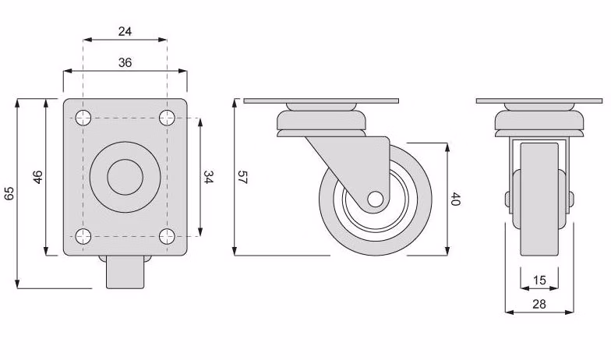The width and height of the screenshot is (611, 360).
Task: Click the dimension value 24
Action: tap(125, 31)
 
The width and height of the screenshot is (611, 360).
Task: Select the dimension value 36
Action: tap(125, 62)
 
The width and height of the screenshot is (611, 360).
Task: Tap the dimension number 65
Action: tap(9, 193)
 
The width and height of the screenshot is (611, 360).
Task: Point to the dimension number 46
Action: tap(37, 177)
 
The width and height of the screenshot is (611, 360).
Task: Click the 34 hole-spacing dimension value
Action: tap(209, 178)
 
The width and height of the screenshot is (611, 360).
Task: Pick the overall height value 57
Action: tap(242, 178)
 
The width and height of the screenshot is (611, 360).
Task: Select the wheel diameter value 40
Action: tap(455, 199)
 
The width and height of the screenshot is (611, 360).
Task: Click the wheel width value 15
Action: tap(539, 281)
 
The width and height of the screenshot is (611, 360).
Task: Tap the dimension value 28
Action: tap(539, 304)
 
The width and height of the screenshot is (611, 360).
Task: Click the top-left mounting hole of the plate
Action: tap(83, 118)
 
